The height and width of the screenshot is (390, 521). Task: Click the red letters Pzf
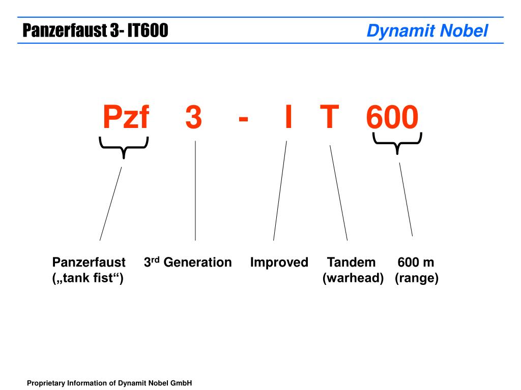click(x=126, y=116)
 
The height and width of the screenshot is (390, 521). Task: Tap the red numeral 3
click(x=194, y=117)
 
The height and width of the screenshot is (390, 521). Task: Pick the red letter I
click(x=288, y=116)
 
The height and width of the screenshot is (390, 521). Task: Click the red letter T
click(x=329, y=116)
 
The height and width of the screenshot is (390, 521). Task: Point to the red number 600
click(x=392, y=117)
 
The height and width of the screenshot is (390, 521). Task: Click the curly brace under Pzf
click(x=124, y=147)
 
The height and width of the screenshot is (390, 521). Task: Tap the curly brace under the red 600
click(x=397, y=143)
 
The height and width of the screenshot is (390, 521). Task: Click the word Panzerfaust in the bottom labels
click(x=89, y=263)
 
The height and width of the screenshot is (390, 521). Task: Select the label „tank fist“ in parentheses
click(x=88, y=278)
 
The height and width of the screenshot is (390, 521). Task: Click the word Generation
click(x=198, y=263)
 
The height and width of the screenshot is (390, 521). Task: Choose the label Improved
click(x=279, y=263)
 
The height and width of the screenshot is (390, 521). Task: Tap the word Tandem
click(x=351, y=263)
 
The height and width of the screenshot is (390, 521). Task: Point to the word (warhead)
click(x=353, y=278)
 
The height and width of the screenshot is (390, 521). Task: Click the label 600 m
click(x=416, y=263)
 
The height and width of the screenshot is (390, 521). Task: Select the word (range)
click(x=417, y=278)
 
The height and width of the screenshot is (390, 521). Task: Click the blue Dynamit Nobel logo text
click(x=427, y=31)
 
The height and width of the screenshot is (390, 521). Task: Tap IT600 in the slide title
click(x=148, y=30)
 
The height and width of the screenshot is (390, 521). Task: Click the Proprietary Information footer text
click(x=109, y=383)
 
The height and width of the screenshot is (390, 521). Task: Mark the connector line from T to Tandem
click(x=338, y=192)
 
